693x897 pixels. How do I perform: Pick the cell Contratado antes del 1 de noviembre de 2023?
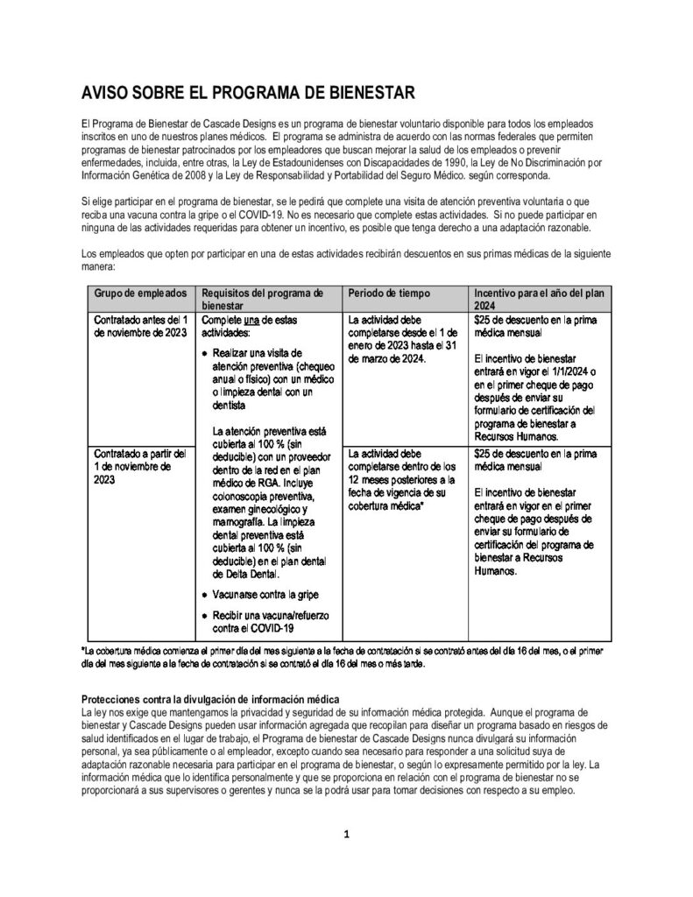139,327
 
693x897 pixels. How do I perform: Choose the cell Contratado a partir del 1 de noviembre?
139,466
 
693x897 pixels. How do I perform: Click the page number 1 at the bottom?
346,834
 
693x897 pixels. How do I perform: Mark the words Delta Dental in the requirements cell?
249,575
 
